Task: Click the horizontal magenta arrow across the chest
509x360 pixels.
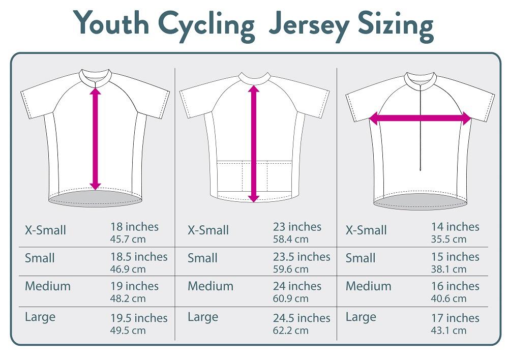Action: (x=420, y=118)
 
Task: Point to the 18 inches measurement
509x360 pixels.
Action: (x=134, y=227)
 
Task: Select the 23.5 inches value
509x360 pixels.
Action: (x=301, y=257)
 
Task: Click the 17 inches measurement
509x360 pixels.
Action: (x=455, y=318)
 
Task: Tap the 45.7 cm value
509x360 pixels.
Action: (x=128, y=238)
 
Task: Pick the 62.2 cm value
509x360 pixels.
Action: (x=290, y=330)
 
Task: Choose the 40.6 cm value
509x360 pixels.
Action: (x=448, y=298)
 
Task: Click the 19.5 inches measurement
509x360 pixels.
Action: (x=139, y=318)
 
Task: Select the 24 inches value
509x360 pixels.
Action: (x=297, y=286)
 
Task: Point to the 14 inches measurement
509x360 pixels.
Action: (x=455, y=227)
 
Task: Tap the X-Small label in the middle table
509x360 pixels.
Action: (x=208, y=230)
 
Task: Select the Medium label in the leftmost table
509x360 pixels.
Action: (x=48, y=286)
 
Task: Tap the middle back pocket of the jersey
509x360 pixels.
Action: (x=255, y=176)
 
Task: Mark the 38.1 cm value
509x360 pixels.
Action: (x=448, y=269)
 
